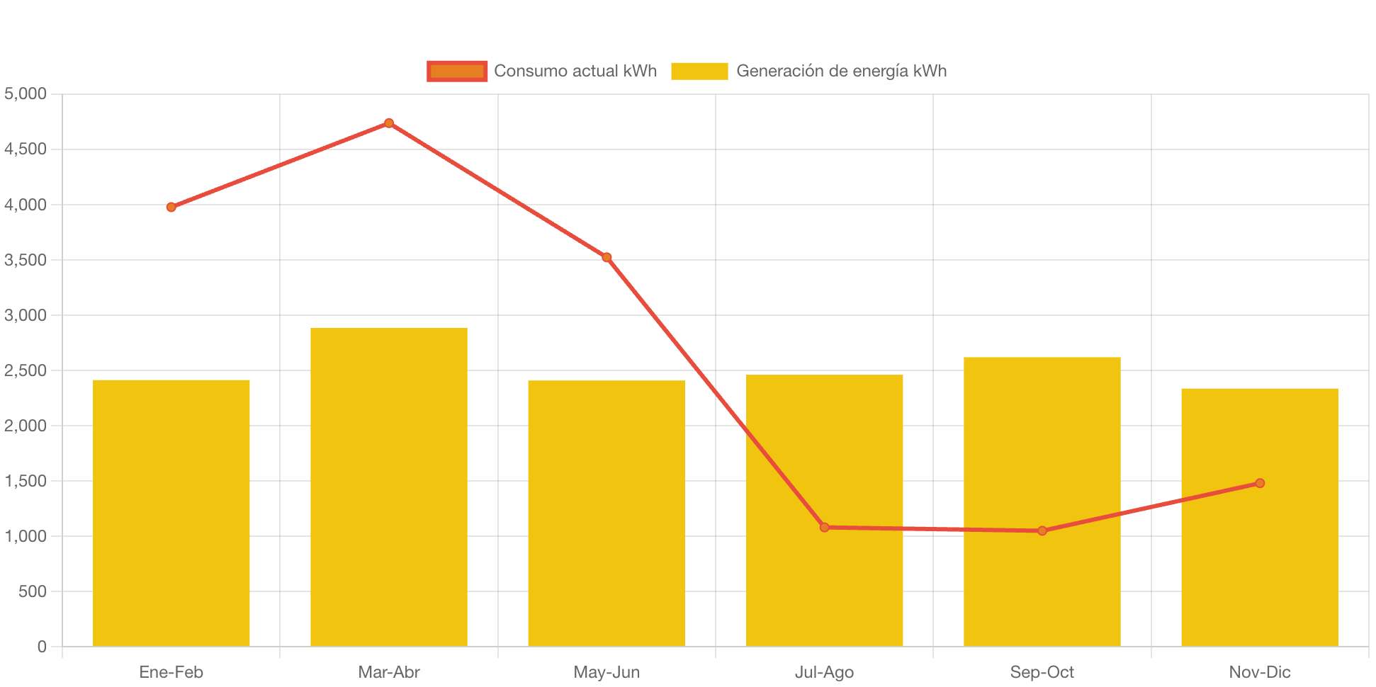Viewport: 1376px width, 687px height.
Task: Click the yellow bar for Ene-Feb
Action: point(171,513)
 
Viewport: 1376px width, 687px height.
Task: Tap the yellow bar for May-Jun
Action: point(607,513)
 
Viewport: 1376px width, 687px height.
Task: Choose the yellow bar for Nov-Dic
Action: point(1259,517)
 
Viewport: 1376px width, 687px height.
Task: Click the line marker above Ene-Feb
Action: point(171,208)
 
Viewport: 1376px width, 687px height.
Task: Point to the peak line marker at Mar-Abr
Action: point(389,123)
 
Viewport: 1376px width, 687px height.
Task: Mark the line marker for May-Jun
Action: point(607,257)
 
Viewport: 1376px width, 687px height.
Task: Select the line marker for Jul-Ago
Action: point(824,527)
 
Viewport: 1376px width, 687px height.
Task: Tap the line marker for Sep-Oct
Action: point(1042,530)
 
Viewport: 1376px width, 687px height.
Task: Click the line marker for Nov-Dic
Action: point(1259,483)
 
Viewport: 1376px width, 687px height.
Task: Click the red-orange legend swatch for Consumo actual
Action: point(457,71)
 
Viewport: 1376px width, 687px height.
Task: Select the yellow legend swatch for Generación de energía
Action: point(699,71)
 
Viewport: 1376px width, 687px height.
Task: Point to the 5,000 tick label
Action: point(26,93)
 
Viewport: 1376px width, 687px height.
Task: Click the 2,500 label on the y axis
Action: point(26,370)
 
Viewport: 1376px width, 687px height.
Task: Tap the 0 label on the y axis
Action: point(42,647)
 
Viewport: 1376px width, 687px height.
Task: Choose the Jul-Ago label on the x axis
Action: point(824,672)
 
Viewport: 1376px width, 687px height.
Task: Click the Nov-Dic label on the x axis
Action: point(1259,672)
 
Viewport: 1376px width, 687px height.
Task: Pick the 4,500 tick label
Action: point(26,149)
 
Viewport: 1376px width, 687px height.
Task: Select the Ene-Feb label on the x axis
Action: point(171,672)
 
